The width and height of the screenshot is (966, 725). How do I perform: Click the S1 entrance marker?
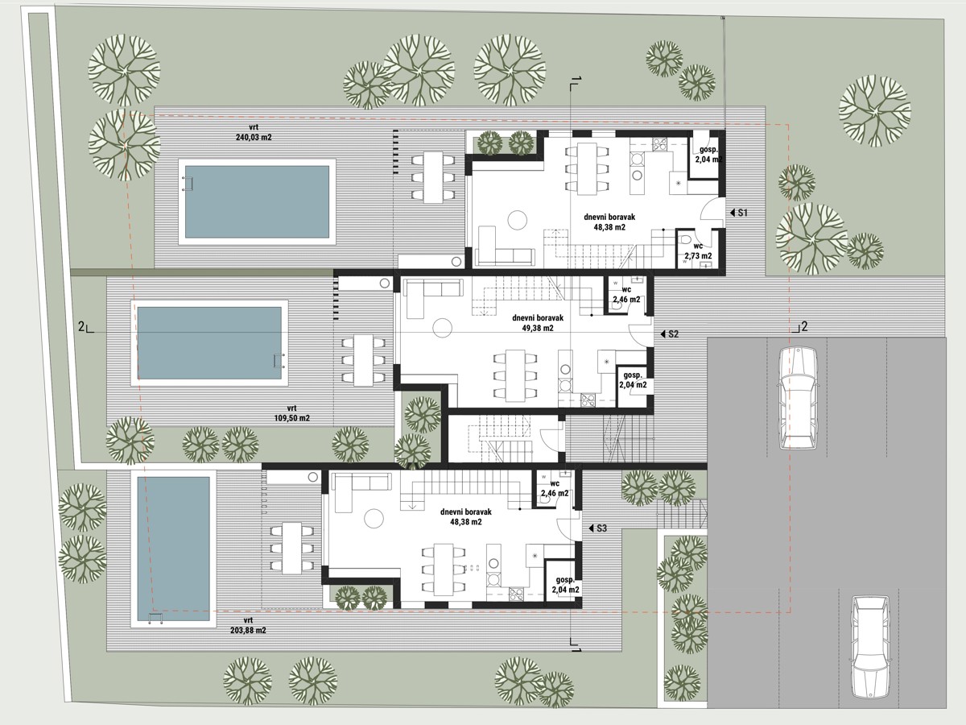pyautogui.click(x=739, y=213)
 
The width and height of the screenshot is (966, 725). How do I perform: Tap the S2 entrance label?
pyautogui.click(x=670, y=334)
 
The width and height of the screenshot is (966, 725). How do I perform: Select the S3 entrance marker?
pyautogui.click(x=597, y=528)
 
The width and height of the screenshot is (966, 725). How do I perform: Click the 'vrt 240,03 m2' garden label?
pyautogui.click(x=254, y=132)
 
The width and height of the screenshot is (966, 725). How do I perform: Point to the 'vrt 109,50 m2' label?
pyautogui.click(x=291, y=413)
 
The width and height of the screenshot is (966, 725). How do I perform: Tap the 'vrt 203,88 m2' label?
pyautogui.click(x=248, y=625)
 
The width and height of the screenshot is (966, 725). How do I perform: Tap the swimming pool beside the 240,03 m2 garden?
pyautogui.click(x=257, y=201)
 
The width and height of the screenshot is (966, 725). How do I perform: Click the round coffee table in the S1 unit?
pyautogui.click(x=517, y=220)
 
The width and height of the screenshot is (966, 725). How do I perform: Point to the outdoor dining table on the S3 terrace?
pyautogui.click(x=291, y=548)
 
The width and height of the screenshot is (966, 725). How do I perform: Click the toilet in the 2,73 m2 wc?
pyautogui.click(x=685, y=240)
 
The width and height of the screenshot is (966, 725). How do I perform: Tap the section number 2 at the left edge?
pyautogui.click(x=81, y=326)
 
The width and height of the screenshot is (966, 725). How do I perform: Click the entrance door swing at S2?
pyautogui.click(x=639, y=334)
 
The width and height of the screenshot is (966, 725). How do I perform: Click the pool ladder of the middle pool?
pyautogui.click(x=279, y=361)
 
